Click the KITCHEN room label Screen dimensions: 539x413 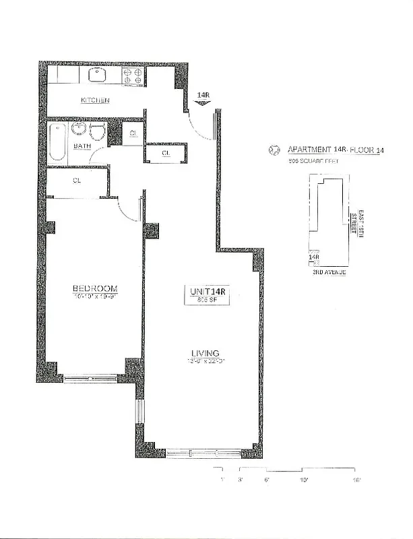click(x=95, y=100)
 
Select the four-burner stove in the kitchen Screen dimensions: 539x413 click(x=132, y=74)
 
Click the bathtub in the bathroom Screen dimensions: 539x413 click(x=57, y=142)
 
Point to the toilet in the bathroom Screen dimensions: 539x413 click(x=96, y=133)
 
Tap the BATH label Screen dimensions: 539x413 click(x=82, y=146)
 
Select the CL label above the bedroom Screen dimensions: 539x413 click(x=77, y=181)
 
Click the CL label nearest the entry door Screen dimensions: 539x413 click(x=166, y=154)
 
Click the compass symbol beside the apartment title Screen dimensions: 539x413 click(x=274, y=150)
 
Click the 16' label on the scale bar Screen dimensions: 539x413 click(x=356, y=480)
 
